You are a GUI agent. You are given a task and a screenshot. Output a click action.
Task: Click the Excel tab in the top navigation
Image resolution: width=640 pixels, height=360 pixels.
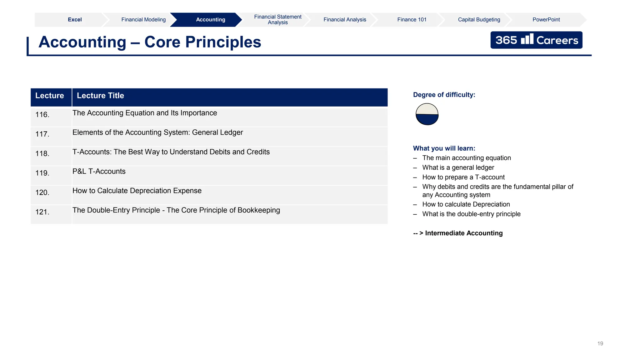click(75, 20)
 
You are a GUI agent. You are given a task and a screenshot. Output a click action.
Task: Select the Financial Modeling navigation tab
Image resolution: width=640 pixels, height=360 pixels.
click(143, 20)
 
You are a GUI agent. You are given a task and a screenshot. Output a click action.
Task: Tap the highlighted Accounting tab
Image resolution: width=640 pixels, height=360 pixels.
click(210, 20)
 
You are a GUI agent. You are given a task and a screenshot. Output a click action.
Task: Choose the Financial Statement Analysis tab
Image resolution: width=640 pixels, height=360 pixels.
click(277, 20)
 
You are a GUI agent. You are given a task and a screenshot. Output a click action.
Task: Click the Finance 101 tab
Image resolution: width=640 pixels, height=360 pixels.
click(412, 20)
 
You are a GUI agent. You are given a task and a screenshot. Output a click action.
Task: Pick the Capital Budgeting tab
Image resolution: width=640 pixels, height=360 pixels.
click(479, 20)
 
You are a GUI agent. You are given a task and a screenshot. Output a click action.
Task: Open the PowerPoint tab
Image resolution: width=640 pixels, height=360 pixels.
click(546, 20)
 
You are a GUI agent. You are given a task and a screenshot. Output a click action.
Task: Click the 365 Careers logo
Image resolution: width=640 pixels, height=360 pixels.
click(536, 40)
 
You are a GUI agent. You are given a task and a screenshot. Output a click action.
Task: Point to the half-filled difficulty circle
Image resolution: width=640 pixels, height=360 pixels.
click(427, 114)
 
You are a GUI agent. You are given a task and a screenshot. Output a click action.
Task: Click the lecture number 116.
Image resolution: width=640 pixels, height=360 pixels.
click(42, 115)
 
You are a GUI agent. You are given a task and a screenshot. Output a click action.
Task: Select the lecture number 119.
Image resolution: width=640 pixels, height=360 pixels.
click(42, 173)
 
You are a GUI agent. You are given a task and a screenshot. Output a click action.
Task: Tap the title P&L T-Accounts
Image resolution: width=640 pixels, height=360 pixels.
click(99, 171)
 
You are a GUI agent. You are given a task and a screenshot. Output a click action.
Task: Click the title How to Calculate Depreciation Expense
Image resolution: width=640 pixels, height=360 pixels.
click(137, 191)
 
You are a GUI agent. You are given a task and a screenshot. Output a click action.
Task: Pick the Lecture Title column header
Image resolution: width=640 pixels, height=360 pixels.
click(100, 96)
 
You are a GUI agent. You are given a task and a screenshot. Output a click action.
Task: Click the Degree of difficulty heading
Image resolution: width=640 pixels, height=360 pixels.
click(444, 95)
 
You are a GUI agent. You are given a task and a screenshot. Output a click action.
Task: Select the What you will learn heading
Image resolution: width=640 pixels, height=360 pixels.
click(444, 148)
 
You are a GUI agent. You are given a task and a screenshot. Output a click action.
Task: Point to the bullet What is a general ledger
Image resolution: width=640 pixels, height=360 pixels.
click(458, 167)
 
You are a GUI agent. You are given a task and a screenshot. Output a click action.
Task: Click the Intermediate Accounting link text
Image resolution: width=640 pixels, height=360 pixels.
click(464, 233)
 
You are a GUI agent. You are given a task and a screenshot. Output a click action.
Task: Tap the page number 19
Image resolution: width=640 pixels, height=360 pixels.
click(600, 343)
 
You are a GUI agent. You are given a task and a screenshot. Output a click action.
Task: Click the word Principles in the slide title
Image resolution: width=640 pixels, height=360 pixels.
click(223, 42)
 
